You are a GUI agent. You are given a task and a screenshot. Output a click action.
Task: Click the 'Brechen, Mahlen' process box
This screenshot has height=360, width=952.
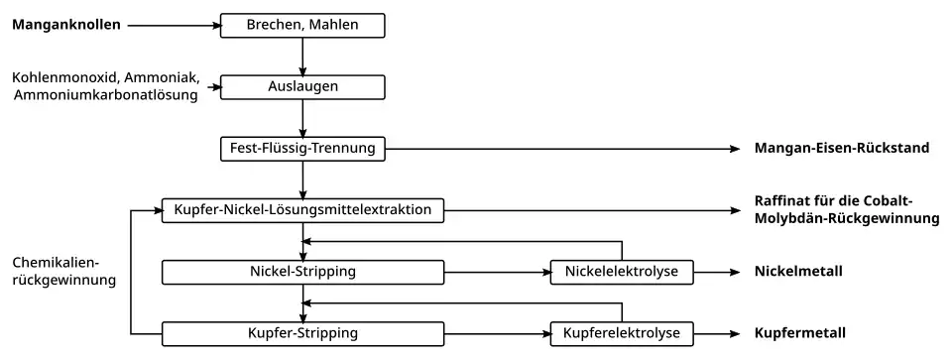point(301,24)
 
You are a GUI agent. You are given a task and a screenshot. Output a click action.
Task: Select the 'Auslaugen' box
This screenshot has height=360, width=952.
point(301,86)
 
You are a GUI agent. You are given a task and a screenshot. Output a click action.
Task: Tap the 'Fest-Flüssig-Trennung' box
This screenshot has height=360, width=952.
point(301,149)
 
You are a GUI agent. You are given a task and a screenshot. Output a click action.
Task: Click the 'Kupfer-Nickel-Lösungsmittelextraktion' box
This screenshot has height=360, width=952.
point(302,210)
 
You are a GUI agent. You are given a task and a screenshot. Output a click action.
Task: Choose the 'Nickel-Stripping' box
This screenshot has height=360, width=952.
point(302,271)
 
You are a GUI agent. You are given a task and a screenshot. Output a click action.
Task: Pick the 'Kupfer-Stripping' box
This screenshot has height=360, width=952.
point(302,332)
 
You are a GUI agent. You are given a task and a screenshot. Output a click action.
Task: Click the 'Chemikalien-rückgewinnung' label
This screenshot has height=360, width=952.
point(64,272)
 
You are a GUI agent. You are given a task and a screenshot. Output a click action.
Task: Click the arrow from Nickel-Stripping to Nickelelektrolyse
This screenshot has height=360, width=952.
point(497,271)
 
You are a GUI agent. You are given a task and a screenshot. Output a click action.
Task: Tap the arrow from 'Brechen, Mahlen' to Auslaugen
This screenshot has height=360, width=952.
point(301,56)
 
